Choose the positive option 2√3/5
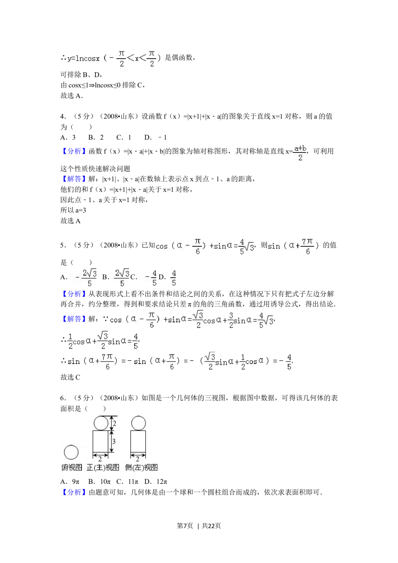point(121,278)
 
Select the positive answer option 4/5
point(174,278)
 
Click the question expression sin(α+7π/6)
point(294,246)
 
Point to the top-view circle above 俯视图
point(71,452)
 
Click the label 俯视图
point(72,467)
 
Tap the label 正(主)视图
point(103,467)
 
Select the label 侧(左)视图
point(141,467)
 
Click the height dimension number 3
point(114,441)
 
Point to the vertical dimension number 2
point(114,423)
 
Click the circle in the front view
point(101,423)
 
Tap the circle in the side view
point(138,423)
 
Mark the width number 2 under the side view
point(138,459)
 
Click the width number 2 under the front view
point(100,459)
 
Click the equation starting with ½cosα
point(103,341)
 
